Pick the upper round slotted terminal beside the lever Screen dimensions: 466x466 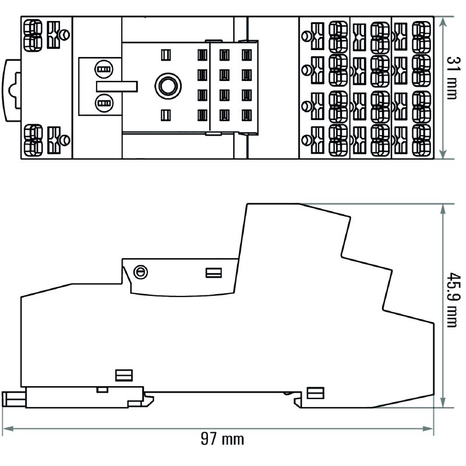click(104, 69)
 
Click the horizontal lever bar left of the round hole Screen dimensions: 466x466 click(116, 86)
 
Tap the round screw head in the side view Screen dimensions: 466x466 click(140, 272)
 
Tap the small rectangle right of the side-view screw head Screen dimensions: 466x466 click(213, 273)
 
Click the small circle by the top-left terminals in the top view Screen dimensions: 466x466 click(66, 33)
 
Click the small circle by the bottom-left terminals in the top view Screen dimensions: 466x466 click(66, 139)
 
